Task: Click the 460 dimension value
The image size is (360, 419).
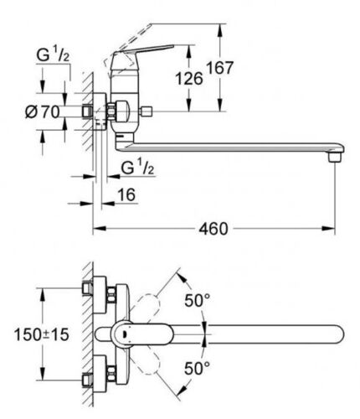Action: pos(213,229)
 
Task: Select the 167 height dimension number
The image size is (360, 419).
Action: pos(220,68)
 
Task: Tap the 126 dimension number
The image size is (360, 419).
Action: pos(189,78)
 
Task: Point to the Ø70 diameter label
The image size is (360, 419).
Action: pos(43,112)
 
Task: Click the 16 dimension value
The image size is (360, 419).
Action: pos(126,194)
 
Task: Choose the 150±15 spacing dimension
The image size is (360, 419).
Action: pos(41,334)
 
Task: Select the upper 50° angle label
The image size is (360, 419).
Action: pos(197,300)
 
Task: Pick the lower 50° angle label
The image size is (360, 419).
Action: pos(197,368)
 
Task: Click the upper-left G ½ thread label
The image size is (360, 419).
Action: pos(53,55)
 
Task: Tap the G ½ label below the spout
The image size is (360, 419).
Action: pos(137,168)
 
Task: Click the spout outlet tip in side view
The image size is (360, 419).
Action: pos(335,158)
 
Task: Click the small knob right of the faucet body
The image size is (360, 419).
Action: pos(146,111)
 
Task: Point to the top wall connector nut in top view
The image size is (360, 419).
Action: pos(87,288)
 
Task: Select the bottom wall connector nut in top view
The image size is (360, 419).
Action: pos(87,380)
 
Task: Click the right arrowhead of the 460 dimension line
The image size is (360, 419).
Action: pos(328,229)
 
